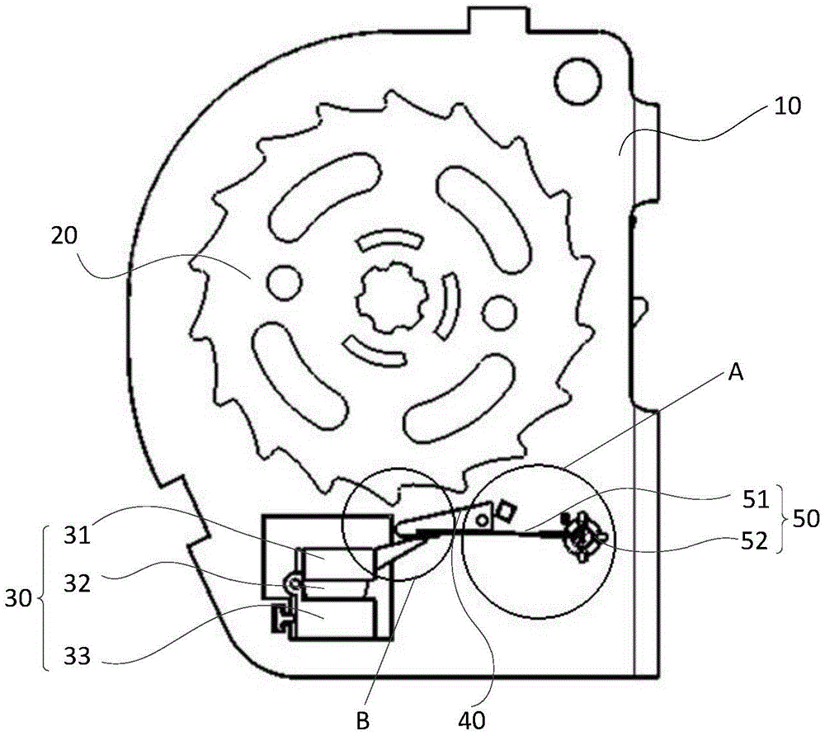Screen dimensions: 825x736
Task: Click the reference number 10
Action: [787, 106]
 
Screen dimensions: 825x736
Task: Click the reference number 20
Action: [64, 236]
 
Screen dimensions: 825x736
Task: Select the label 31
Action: [78, 536]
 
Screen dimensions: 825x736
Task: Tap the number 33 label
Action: [77, 657]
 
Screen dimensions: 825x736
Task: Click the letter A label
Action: [736, 373]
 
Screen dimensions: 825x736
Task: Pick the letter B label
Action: [363, 721]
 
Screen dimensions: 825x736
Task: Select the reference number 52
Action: [754, 541]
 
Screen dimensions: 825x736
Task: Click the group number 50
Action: [805, 519]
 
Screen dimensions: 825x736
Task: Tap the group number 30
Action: [18, 599]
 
